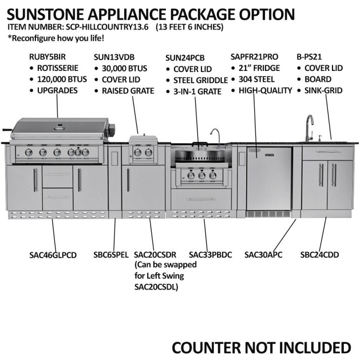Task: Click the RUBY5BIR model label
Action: (47, 56)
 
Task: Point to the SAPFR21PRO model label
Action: (254, 56)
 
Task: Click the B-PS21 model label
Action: (307, 56)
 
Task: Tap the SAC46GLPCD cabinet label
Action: (53, 255)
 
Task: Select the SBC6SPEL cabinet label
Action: (111, 255)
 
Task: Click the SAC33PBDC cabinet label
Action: (210, 255)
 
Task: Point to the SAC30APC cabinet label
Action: (263, 255)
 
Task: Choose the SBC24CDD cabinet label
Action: (320, 255)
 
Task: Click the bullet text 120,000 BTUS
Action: (62, 79)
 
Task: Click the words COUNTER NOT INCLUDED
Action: (261, 347)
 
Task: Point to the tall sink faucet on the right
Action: (309, 127)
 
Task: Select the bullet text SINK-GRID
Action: (324, 91)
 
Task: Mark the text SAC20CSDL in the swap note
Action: (156, 287)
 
